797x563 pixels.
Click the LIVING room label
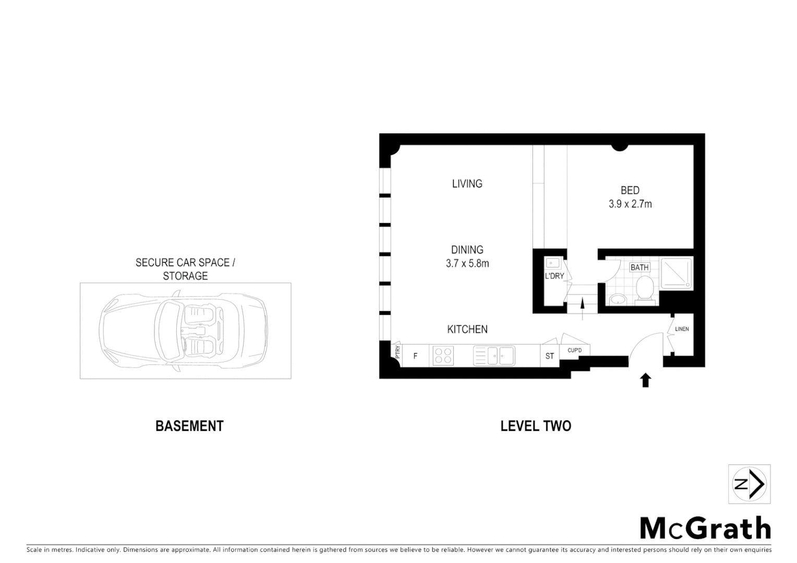467,183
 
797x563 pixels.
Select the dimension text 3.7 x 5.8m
467,264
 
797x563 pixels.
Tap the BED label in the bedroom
630,191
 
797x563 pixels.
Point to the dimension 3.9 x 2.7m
630,204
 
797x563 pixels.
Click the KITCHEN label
467,329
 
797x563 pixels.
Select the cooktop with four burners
443,356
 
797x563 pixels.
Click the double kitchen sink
494,356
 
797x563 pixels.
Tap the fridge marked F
415,357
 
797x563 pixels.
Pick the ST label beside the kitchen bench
549,357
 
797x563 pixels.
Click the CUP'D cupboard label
574,350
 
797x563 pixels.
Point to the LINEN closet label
681,329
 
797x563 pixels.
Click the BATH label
639,267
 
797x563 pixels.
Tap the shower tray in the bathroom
677,273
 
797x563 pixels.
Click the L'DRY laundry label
554,276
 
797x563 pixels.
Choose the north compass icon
749,484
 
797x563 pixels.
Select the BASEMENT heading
189,426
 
